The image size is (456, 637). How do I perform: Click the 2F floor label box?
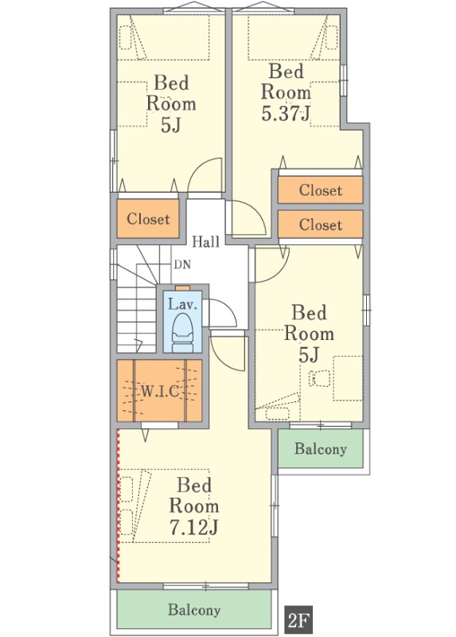pyautogui.click(x=300, y=620)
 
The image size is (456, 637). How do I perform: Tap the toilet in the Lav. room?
pyautogui.click(x=182, y=332)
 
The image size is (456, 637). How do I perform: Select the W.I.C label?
pyautogui.click(x=160, y=392)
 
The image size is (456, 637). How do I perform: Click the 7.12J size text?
pyautogui.click(x=193, y=528)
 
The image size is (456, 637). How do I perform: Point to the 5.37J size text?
pyautogui.click(x=286, y=113)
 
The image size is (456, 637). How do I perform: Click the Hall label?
pyautogui.click(x=205, y=241)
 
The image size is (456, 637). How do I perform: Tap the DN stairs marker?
pyautogui.click(x=182, y=265)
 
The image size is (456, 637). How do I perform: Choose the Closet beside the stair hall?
pyautogui.click(x=148, y=218)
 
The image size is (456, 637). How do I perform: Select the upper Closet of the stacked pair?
pyautogui.click(x=320, y=190)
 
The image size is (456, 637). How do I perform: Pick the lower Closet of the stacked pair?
pyautogui.click(x=320, y=225)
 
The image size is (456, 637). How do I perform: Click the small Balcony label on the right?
pyautogui.click(x=321, y=448)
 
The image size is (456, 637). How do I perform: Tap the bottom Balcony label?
pyautogui.click(x=194, y=610)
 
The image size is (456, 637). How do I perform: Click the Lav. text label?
pyautogui.click(x=182, y=304)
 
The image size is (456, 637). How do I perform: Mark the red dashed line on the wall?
pyautogui.click(x=118, y=506)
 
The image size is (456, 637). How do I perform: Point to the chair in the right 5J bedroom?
pyautogui.click(x=321, y=378)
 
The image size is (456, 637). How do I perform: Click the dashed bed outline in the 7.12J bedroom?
pyautogui.click(x=165, y=506)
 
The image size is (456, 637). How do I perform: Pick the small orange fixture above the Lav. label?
pyautogui.click(x=182, y=288)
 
